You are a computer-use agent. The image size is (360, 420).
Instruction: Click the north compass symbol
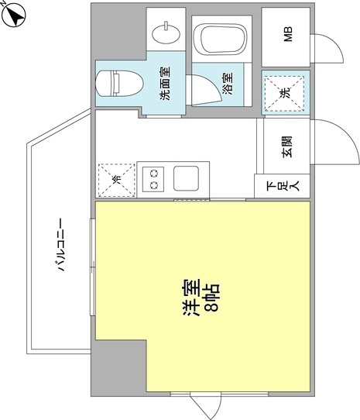pyautogui.click(x=13, y=15)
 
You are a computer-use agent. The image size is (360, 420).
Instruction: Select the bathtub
pyautogui.click(x=221, y=40)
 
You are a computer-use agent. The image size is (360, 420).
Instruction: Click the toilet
pyautogui.click(x=119, y=84)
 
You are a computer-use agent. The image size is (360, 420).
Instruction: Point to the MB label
pyautogui.click(x=289, y=34)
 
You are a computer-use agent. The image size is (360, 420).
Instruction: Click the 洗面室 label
pyautogui.click(x=165, y=84)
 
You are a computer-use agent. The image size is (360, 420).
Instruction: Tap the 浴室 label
pyautogui.click(x=228, y=84)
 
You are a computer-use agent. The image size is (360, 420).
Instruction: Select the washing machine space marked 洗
pyautogui.click(x=285, y=93)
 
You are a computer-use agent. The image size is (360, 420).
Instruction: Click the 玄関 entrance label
pyautogui.click(x=287, y=146)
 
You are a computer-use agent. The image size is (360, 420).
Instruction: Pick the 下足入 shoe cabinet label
pyautogui.click(x=283, y=186)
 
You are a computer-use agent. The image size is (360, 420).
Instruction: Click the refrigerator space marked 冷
pyautogui.click(x=116, y=181)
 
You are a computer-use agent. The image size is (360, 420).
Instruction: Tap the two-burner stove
pyautogui.click(x=153, y=179)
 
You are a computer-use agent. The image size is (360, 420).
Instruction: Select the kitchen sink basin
pyautogui.click(x=187, y=178)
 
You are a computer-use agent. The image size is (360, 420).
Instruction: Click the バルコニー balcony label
pyautogui.click(x=62, y=245)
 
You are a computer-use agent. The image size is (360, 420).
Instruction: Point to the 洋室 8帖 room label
pyautogui.click(x=201, y=298)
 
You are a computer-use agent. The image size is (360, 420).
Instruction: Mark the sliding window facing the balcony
pyautogui.click(x=93, y=267)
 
